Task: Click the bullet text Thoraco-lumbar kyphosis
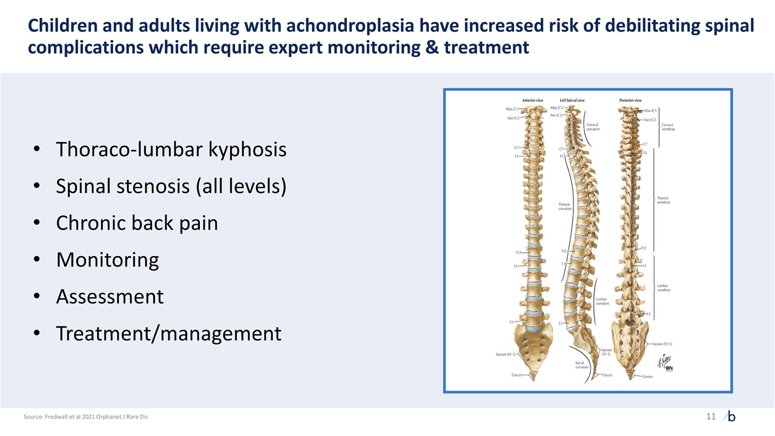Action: point(171,150)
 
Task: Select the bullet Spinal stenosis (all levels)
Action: point(171,187)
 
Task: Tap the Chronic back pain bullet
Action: point(137,223)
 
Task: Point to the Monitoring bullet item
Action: point(107,260)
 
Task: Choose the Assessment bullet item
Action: point(110,297)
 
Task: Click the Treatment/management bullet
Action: point(168,334)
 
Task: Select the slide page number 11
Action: point(710,417)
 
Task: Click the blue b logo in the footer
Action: point(731,417)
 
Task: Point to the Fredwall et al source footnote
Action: point(85,417)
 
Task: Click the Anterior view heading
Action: point(532,101)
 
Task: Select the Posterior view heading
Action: point(630,101)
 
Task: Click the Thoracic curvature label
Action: point(564,206)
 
